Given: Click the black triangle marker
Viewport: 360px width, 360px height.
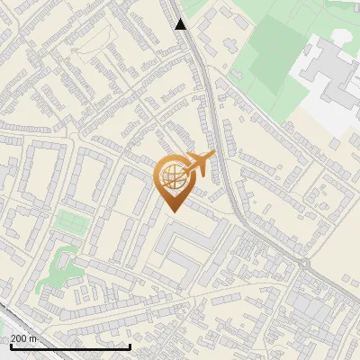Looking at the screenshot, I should click(181, 24).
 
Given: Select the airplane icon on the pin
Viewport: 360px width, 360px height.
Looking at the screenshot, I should click(199, 165).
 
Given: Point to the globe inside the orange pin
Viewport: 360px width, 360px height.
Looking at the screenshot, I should click(170, 176).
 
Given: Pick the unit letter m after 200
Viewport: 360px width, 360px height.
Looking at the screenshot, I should click(34, 338).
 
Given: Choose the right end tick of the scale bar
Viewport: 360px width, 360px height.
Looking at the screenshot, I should click(130, 346).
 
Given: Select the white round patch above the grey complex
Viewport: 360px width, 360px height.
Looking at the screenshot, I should click(342, 35).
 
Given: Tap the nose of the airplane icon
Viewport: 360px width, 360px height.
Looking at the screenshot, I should click(213, 157).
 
